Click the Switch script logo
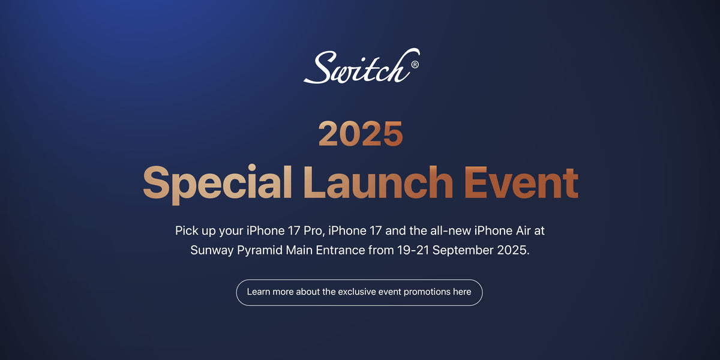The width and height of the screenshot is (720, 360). coord(362,66)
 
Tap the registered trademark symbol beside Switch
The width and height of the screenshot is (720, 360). coord(415,65)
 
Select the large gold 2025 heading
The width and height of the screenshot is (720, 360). coord(361,134)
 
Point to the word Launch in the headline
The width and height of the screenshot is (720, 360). coord(379,182)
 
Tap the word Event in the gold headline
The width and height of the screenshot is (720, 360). coord(521,182)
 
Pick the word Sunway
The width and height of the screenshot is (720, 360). coord(212,250)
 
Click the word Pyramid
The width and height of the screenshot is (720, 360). coord(260,250)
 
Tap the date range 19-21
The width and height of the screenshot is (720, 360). coord(413,250)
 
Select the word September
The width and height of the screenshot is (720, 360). coord(463,250)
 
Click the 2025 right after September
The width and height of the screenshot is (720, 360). coord(513,250)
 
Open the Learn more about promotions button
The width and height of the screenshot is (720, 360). coord(359,293)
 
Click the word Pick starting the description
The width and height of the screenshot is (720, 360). coord(187,230)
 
